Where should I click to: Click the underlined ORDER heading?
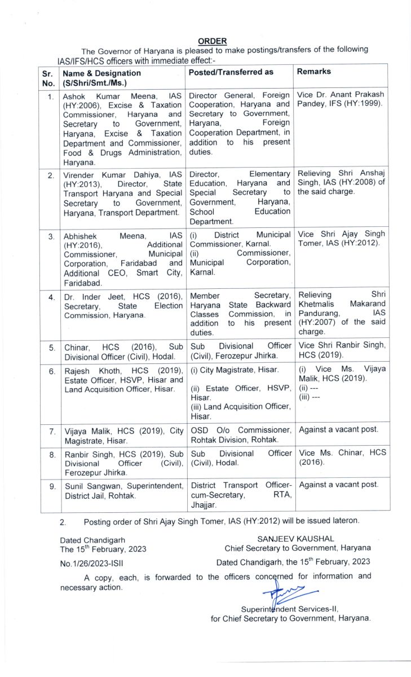[x=213, y=41]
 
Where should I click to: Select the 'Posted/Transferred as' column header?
[x=231, y=73]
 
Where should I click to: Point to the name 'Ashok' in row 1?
[x=75, y=96]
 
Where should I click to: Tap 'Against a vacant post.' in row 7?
[x=339, y=430]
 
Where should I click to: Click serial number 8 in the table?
[x=51, y=454]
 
